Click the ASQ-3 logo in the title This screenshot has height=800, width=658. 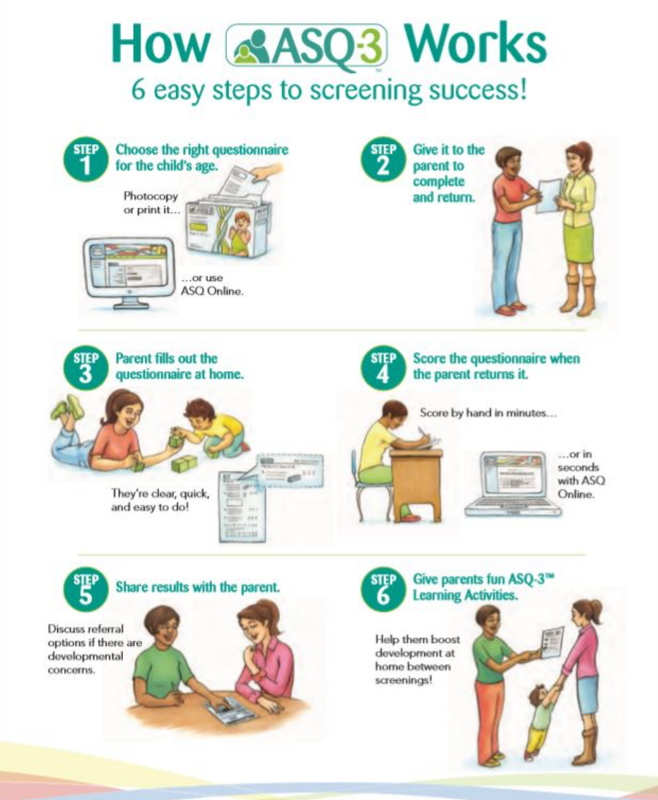[x=307, y=48]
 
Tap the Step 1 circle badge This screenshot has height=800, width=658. [x=86, y=159]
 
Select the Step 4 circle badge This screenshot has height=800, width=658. [x=383, y=368]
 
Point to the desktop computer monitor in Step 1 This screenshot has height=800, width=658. [x=129, y=271]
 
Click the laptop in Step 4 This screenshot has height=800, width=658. [x=513, y=484]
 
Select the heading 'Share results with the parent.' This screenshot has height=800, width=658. [x=197, y=587]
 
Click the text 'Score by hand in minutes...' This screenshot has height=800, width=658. [x=488, y=413]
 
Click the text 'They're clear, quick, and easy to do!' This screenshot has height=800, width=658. [x=160, y=500]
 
